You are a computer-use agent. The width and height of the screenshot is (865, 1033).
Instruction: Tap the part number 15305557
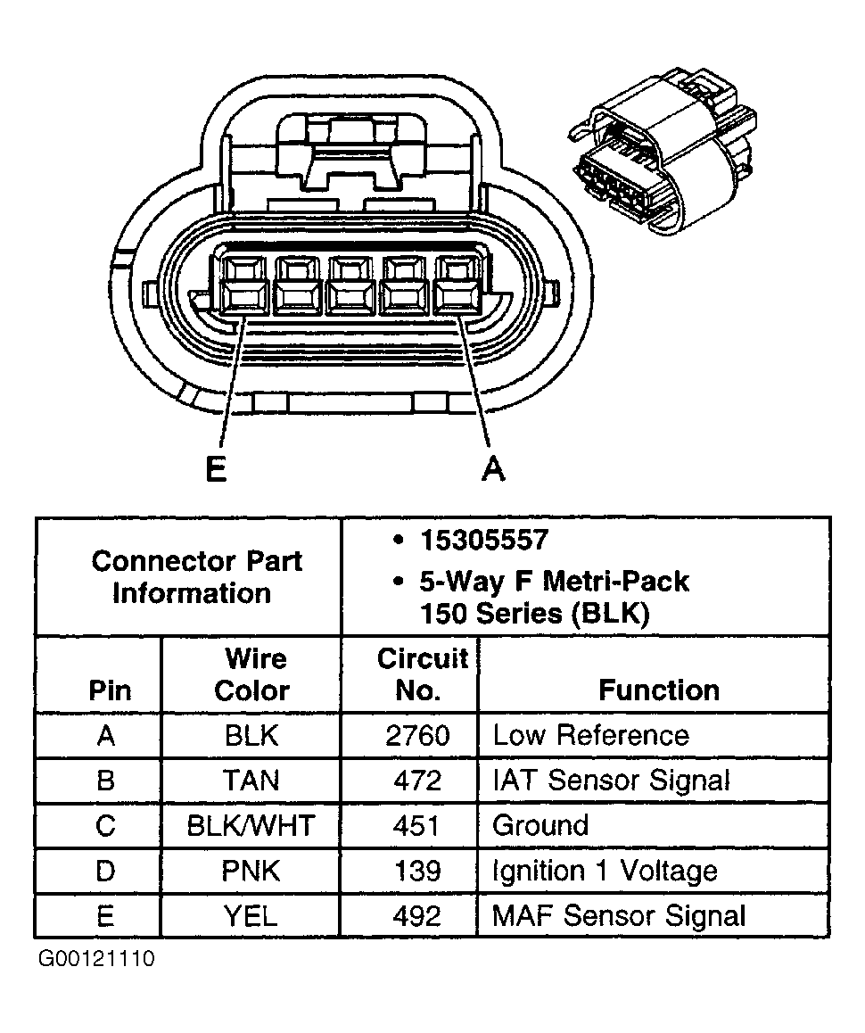tap(483, 540)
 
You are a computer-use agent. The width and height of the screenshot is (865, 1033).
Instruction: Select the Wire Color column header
tap(252, 674)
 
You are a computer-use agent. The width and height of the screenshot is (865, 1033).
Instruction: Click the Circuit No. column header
tap(421, 674)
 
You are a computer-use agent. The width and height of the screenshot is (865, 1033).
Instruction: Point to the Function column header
tap(658, 690)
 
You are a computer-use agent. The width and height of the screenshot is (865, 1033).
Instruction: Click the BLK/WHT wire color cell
tap(251, 825)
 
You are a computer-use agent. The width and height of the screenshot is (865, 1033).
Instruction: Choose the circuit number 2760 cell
tap(417, 735)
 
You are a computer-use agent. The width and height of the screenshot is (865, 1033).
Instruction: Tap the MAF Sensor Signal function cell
tap(619, 915)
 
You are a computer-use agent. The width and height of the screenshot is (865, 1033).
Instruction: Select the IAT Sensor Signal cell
tap(612, 781)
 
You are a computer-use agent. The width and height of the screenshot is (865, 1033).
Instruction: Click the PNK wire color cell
tap(251, 871)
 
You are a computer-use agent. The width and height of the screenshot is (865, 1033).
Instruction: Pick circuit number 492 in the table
tap(417, 915)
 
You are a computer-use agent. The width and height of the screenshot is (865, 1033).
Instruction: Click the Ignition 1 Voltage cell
tap(605, 871)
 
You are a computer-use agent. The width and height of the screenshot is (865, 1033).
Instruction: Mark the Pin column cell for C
tap(105, 825)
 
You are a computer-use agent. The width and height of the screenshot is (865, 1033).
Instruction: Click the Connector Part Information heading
tap(196, 577)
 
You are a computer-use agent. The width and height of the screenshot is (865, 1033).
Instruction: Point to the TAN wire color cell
tap(251, 781)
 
